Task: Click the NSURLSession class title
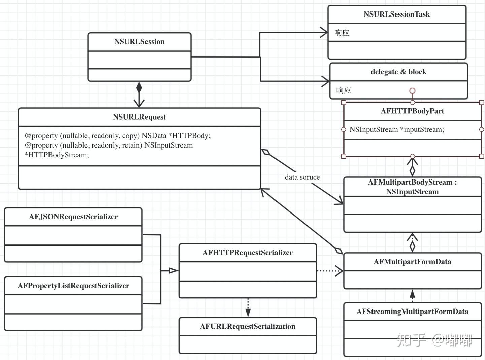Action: (139, 41)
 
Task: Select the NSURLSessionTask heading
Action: (397, 14)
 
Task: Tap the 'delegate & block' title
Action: (398, 72)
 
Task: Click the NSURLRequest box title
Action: (139, 117)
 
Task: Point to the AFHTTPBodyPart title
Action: (412, 111)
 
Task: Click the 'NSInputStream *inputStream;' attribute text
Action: (397, 129)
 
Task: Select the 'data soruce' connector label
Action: (302, 177)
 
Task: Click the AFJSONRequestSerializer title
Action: (73, 217)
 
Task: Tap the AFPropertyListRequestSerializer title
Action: (73, 286)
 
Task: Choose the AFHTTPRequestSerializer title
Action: (248, 252)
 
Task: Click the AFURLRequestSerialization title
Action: (248, 326)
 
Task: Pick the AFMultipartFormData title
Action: (412, 262)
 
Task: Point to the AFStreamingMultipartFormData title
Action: (412, 312)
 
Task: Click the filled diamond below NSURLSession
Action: (139, 87)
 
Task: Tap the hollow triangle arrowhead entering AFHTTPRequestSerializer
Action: (173, 271)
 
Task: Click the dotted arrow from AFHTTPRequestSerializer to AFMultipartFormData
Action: (330, 271)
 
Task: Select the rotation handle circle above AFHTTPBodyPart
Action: (412, 91)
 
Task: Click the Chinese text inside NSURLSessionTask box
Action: (342, 33)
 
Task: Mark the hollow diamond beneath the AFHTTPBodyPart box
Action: (412, 171)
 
